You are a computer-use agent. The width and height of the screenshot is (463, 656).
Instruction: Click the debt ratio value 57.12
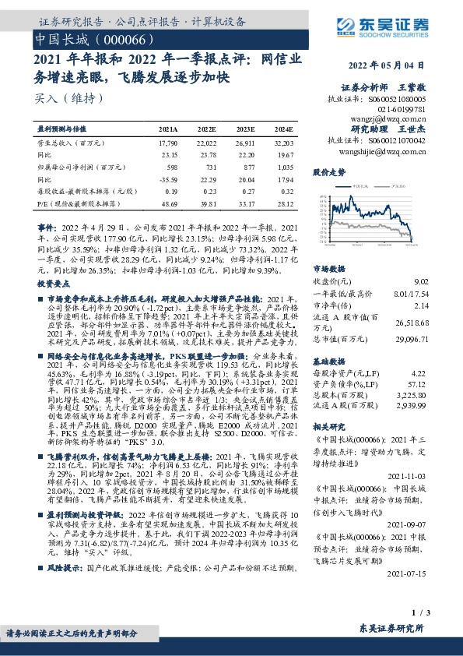pos(419,385)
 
